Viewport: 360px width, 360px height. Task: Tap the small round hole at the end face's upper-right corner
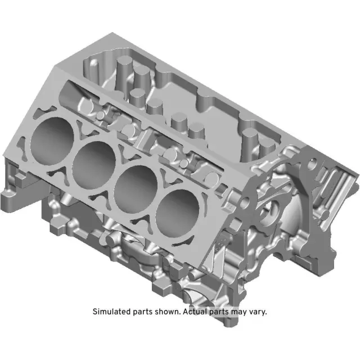pos(310,164)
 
